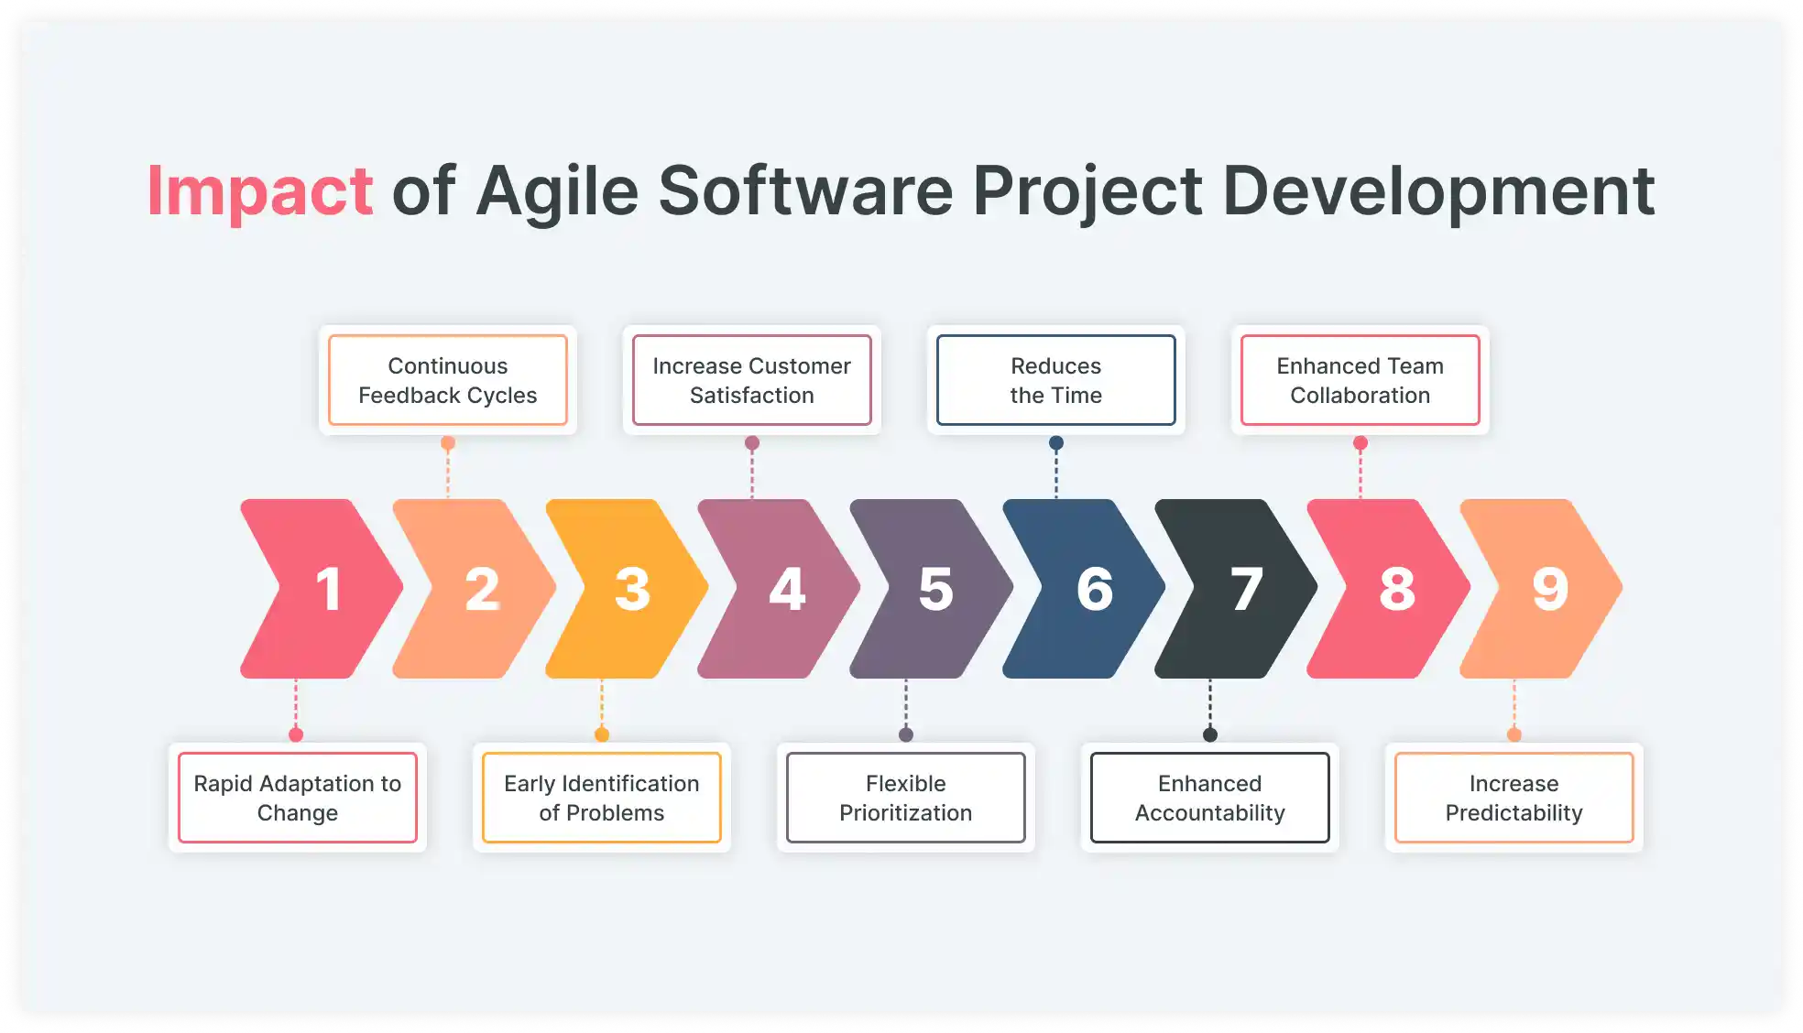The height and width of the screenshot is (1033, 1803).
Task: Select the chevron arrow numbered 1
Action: point(321,589)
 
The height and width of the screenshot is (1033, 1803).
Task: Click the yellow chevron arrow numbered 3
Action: point(628,589)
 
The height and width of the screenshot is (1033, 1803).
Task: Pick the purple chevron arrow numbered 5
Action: point(932,589)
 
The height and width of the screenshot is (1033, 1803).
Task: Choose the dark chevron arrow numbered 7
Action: point(1237,589)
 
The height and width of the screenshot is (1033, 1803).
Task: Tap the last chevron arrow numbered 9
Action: point(1543,589)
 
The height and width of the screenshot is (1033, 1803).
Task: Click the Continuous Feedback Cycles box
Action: point(447,380)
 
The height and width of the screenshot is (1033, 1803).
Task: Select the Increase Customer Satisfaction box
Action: point(751,380)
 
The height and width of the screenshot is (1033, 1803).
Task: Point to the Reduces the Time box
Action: point(1055,380)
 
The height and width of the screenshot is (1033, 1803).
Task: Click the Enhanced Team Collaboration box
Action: point(1360,380)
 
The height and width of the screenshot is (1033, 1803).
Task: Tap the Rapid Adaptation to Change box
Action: point(297,798)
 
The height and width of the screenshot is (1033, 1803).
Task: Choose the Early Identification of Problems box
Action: point(601,798)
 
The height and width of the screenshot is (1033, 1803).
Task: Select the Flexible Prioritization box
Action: point(905,798)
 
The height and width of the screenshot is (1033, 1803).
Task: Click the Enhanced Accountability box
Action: point(1209,798)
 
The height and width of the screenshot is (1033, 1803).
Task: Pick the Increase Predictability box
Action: point(1513,798)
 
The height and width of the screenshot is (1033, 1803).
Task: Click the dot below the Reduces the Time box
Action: point(1056,443)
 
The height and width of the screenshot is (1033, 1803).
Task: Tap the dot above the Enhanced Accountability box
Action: point(1210,734)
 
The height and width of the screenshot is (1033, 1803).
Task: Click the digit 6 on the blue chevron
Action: point(1094,589)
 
